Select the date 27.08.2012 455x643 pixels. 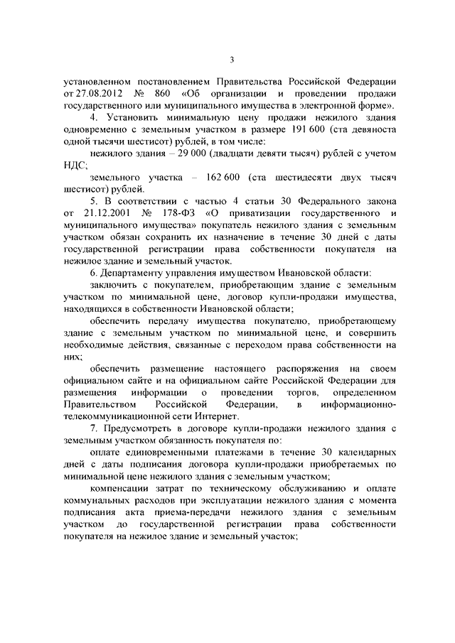97,93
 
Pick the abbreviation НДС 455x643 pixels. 75,165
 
